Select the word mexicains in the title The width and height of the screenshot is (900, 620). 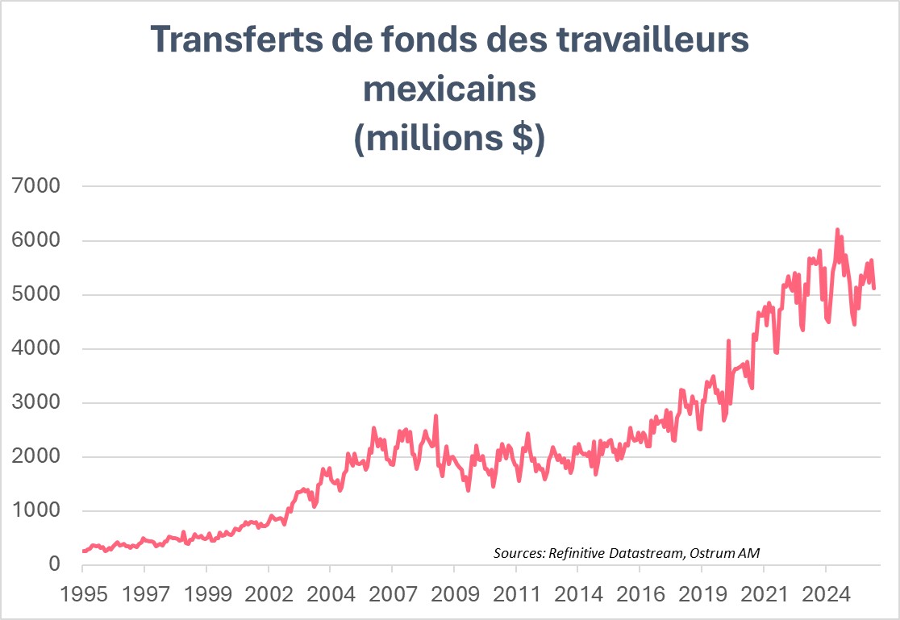tap(450, 89)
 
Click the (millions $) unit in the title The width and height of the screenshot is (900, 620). tap(450, 138)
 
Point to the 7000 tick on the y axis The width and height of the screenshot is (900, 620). tap(37, 186)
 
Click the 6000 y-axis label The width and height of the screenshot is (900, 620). tap(37, 240)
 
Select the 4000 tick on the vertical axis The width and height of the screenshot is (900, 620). tap(37, 349)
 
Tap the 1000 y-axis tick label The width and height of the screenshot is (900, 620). tap(37, 511)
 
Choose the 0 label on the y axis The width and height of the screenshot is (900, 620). tap(55, 564)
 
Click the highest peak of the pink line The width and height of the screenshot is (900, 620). tap(837, 229)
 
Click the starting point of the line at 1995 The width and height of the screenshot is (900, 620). tap(83, 551)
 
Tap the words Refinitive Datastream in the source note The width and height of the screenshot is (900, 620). tap(619, 553)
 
